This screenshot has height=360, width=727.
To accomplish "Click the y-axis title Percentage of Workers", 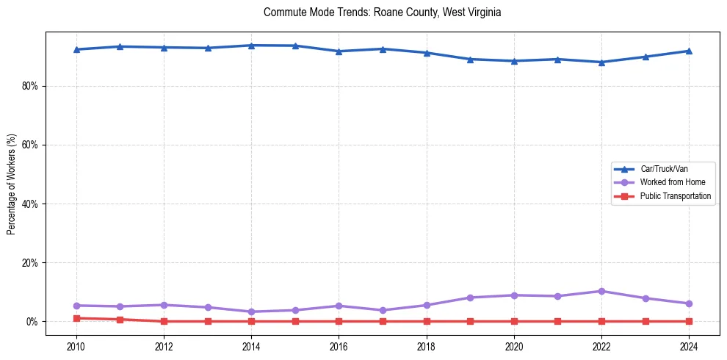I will click(11, 184).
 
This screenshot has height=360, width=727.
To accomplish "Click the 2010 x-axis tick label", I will click(76, 347).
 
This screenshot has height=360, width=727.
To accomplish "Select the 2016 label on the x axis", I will click(339, 347).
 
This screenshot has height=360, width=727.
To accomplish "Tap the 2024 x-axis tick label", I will click(689, 347).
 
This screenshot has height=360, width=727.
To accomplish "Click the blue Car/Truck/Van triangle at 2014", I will click(251, 46).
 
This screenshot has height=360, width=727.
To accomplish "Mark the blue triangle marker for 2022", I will click(601, 62).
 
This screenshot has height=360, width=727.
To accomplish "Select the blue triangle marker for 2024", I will click(689, 51).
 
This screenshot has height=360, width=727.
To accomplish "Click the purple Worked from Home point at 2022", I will click(601, 291).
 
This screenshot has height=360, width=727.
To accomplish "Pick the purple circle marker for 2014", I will click(251, 312).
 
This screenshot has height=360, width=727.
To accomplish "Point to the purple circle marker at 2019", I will click(470, 298).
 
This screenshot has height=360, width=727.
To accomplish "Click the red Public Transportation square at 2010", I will click(76, 318).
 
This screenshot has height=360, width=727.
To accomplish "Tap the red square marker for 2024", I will click(689, 321).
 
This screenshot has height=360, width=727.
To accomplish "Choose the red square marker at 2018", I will click(427, 321).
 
